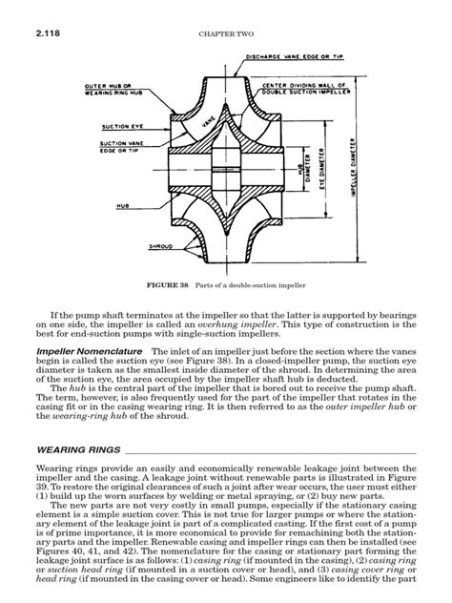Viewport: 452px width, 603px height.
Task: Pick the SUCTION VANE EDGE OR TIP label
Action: click(x=119, y=148)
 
